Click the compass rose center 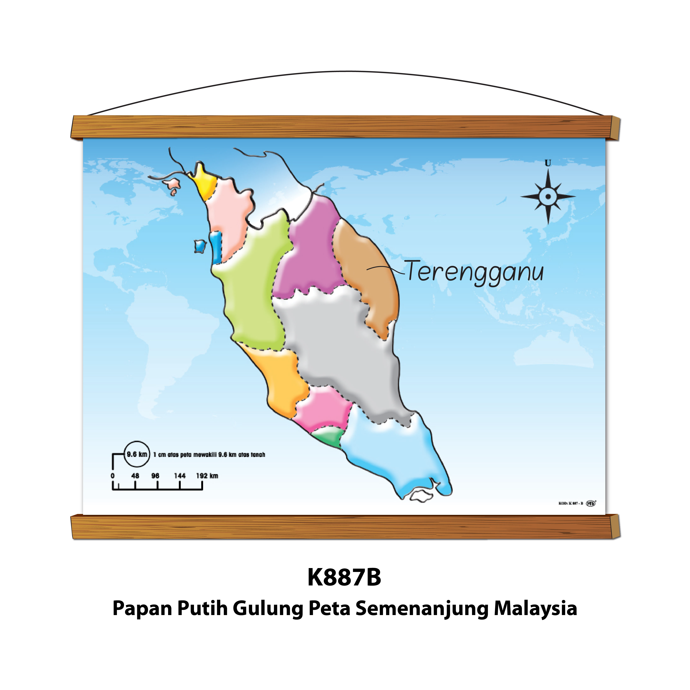point(548,196)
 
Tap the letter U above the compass point(548,163)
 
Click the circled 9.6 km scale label point(137,455)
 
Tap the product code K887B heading point(345,578)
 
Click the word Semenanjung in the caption point(422,609)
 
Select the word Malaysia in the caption point(536,609)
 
